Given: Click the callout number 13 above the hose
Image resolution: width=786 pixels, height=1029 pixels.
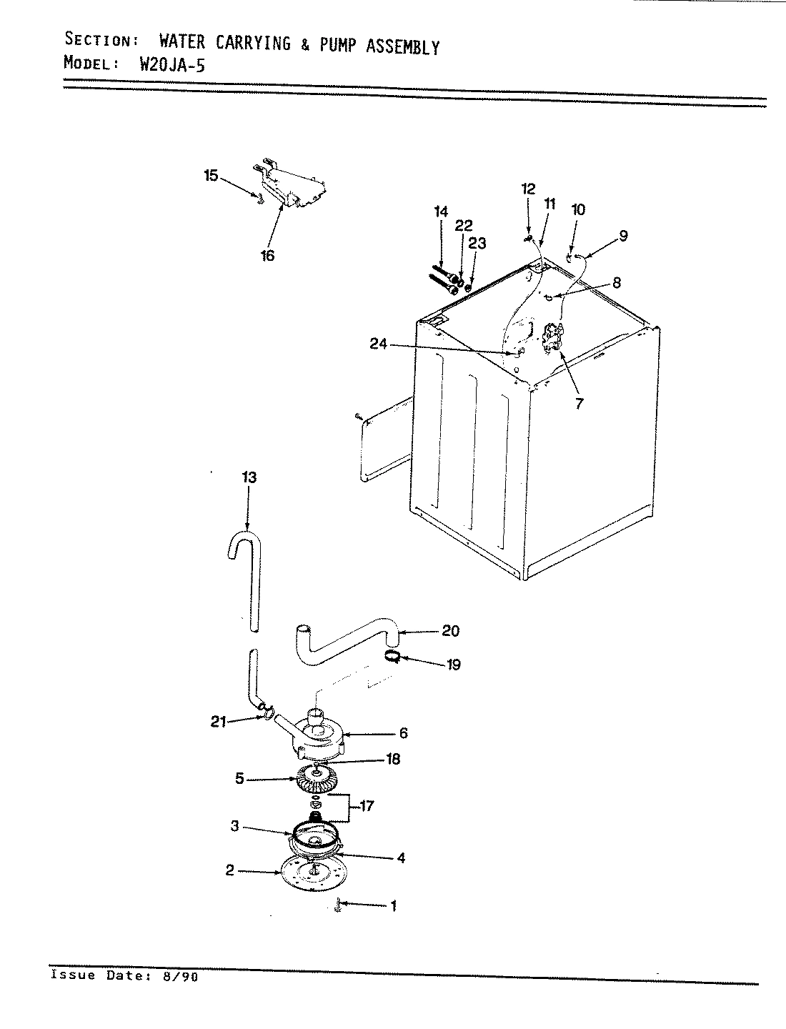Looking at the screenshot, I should [248, 477].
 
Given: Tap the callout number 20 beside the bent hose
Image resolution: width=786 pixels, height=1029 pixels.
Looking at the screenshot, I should [451, 631].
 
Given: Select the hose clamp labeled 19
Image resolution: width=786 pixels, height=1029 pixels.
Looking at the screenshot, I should [392, 656].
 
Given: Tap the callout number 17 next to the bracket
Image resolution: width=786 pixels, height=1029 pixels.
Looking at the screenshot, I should [367, 807].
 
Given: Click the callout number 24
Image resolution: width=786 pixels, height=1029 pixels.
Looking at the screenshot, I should [379, 344].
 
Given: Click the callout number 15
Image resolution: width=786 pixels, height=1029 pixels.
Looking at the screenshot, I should [211, 175].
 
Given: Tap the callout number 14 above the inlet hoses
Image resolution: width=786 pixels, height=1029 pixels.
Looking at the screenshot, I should [441, 212].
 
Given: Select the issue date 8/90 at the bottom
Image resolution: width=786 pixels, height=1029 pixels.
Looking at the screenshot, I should [181, 976].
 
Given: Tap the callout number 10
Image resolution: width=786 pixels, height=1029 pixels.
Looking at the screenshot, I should [578, 209].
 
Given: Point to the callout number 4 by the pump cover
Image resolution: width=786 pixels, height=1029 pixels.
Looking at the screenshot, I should [401, 857].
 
